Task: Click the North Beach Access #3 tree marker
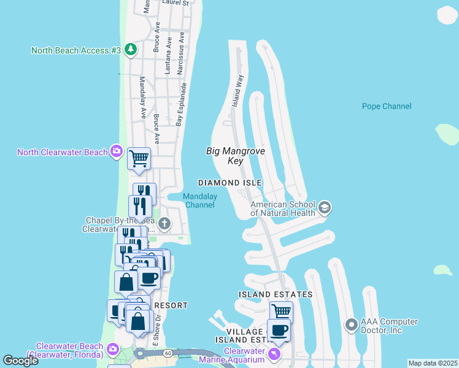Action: (130, 50)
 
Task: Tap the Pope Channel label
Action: (387, 106)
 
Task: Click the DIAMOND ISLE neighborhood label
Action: (229, 183)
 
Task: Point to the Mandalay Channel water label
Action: (200, 201)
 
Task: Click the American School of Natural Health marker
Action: (325, 209)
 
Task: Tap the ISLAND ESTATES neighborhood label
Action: (276, 294)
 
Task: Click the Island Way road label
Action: (237, 92)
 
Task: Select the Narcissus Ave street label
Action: (180, 59)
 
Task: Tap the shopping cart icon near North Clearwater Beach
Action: (139, 158)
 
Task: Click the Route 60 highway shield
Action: (168, 353)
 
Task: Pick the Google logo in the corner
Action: (20, 360)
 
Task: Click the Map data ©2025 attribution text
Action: (433, 363)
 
